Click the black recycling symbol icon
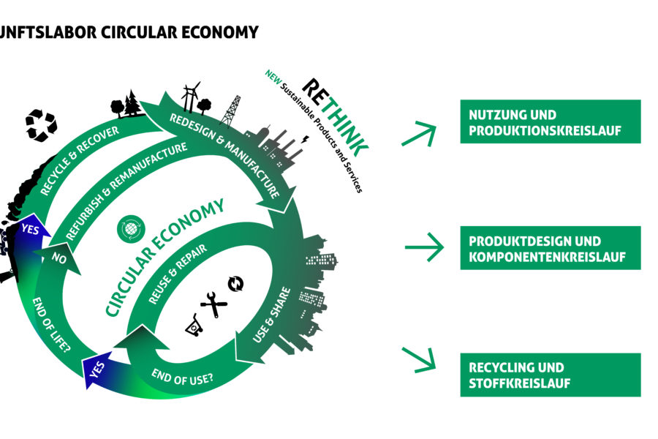tap(41, 124)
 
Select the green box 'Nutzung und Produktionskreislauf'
tap(550, 121)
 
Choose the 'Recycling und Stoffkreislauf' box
tap(550, 375)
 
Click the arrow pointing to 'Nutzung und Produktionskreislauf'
tap(419, 134)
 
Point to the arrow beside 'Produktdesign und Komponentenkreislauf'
tap(424, 247)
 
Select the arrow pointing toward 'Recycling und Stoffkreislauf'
tap(419, 359)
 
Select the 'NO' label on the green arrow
tap(60, 258)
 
